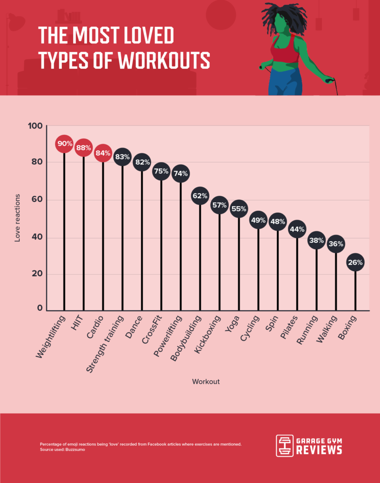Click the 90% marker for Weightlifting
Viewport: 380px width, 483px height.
(x=64, y=143)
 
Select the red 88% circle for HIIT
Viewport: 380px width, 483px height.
(x=83, y=148)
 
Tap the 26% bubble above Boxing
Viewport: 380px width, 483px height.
(x=355, y=263)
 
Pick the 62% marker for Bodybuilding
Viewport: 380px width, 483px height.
(x=200, y=195)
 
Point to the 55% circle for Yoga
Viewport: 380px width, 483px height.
(x=239, y=208)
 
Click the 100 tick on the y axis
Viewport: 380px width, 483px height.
(x=37, y=126)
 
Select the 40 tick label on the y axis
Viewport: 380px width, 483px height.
(x=37, y=237)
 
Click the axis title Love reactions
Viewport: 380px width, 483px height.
(x=17, y=217)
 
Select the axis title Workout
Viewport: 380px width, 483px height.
(x=206, y=382)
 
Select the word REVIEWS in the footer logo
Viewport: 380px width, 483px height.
(x=319, y=450)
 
